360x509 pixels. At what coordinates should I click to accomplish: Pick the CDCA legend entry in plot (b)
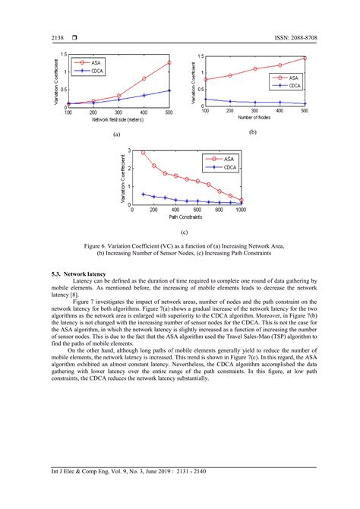coord(292,86)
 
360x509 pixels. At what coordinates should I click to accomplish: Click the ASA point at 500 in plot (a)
coord(169,62)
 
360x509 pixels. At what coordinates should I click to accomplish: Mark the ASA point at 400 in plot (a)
coord(144,78)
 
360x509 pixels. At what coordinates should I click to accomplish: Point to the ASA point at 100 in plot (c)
coord(143,153)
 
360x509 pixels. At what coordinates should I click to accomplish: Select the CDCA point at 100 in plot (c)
coord(143,194)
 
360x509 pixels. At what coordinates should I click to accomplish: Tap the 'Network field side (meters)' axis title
coord(118,119)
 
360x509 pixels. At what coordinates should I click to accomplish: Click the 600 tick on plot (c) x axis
coord(197,210)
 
